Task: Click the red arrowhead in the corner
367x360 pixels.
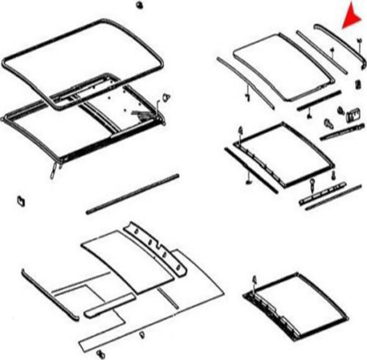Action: click(352, 15)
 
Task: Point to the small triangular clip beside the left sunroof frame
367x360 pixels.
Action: click(165, 98)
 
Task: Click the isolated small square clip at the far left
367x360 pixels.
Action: click(20, 200)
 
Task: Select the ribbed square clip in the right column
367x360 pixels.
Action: click(352, 113)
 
